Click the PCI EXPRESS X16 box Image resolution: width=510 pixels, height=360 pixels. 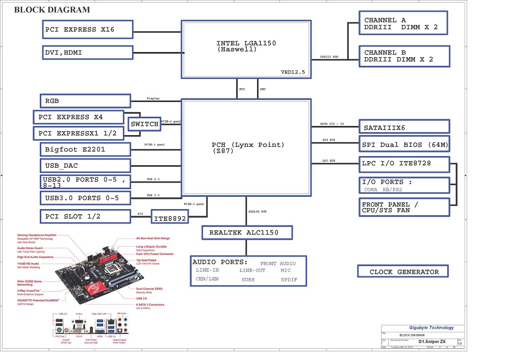pos(87,30)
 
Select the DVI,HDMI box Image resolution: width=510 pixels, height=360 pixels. pos(87,53)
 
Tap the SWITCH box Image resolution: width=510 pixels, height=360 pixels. pos(144,124)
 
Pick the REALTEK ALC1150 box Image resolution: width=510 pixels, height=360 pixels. pos(247,233)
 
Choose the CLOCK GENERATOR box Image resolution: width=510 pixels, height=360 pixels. pos(404,272)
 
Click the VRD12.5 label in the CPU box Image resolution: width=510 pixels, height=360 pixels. pos(293,72)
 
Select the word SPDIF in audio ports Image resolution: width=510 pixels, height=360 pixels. pos(289,280)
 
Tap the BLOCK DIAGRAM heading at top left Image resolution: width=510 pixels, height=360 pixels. pos(52,10)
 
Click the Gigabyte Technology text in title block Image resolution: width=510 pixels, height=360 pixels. pos(431,328)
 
